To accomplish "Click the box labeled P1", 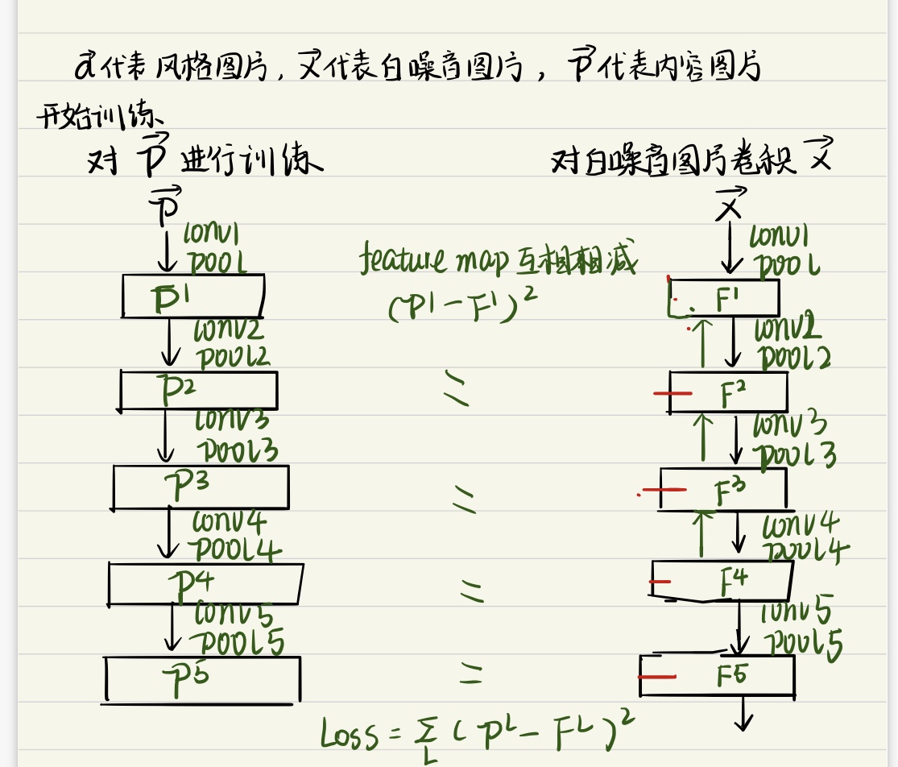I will (x=193, y=296).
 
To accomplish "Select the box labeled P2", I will (x=198, y=391).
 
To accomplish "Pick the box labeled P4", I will (x=205, y=583).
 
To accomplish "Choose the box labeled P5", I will (x=203, y=678).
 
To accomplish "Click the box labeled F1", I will (x=725, y=298).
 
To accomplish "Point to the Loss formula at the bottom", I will (x=475, y=733).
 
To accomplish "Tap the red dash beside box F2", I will (x=672, y=394).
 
